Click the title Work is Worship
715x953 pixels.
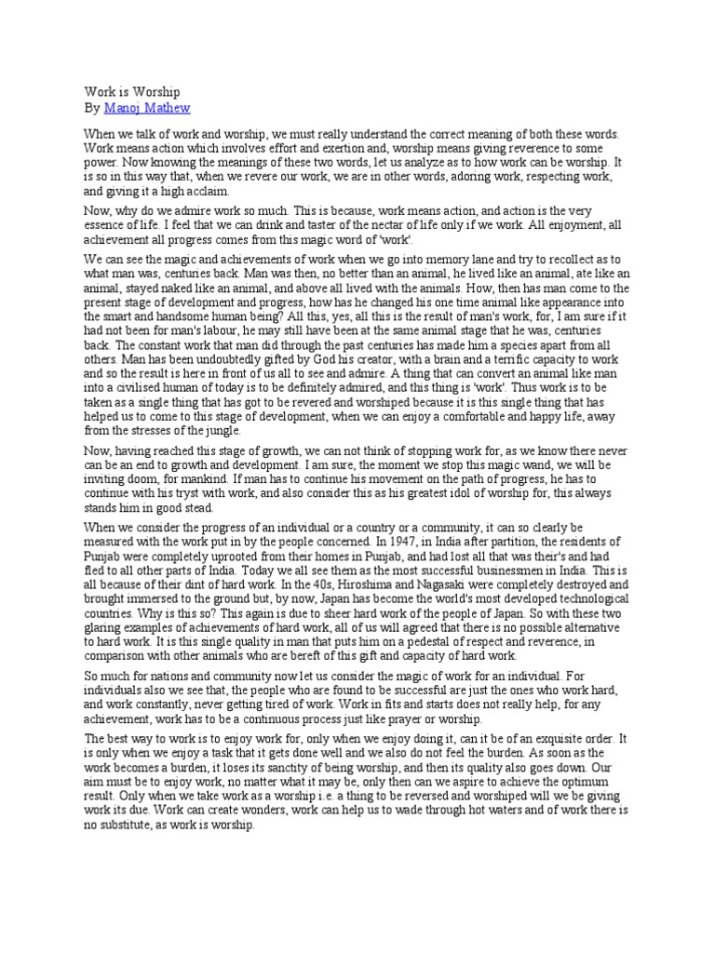pos(132,92)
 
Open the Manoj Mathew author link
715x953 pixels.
pos(147,108)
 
